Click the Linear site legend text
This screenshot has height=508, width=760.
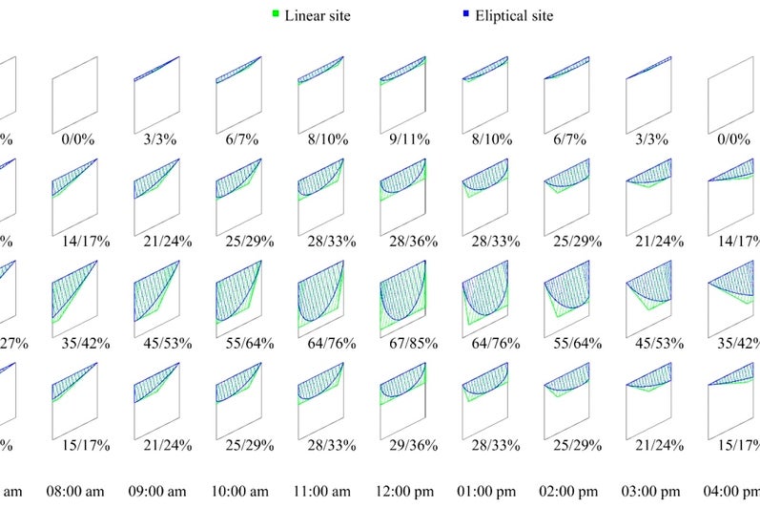pyautogui.click(x=318, y=15)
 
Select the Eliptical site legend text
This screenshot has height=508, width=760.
pyautogui.click(x=514, y=15)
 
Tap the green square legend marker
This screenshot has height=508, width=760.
pyautogui.click(x=276, y=14)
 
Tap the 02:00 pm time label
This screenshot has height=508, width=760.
pyautogui.click(x=570, y=492)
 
